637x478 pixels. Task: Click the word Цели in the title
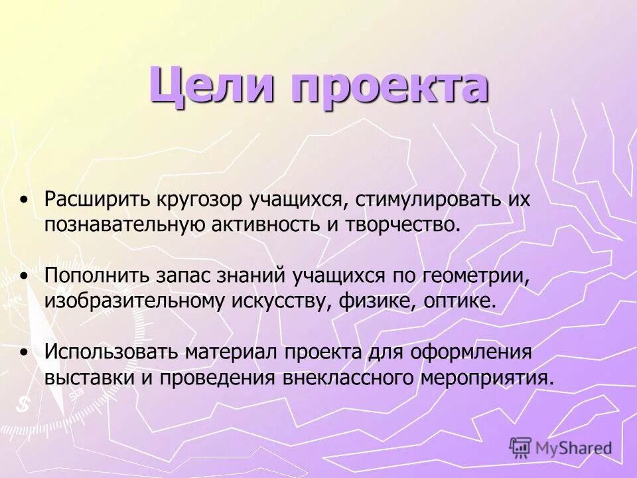212,85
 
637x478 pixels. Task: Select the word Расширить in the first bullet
98,200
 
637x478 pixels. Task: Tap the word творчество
401,224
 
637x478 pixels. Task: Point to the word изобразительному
135,299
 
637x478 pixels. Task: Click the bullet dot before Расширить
25,199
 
